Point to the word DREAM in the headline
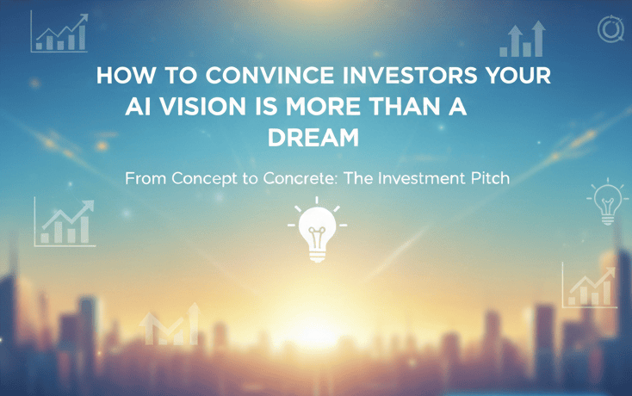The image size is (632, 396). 312,138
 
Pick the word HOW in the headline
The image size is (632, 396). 121,75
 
